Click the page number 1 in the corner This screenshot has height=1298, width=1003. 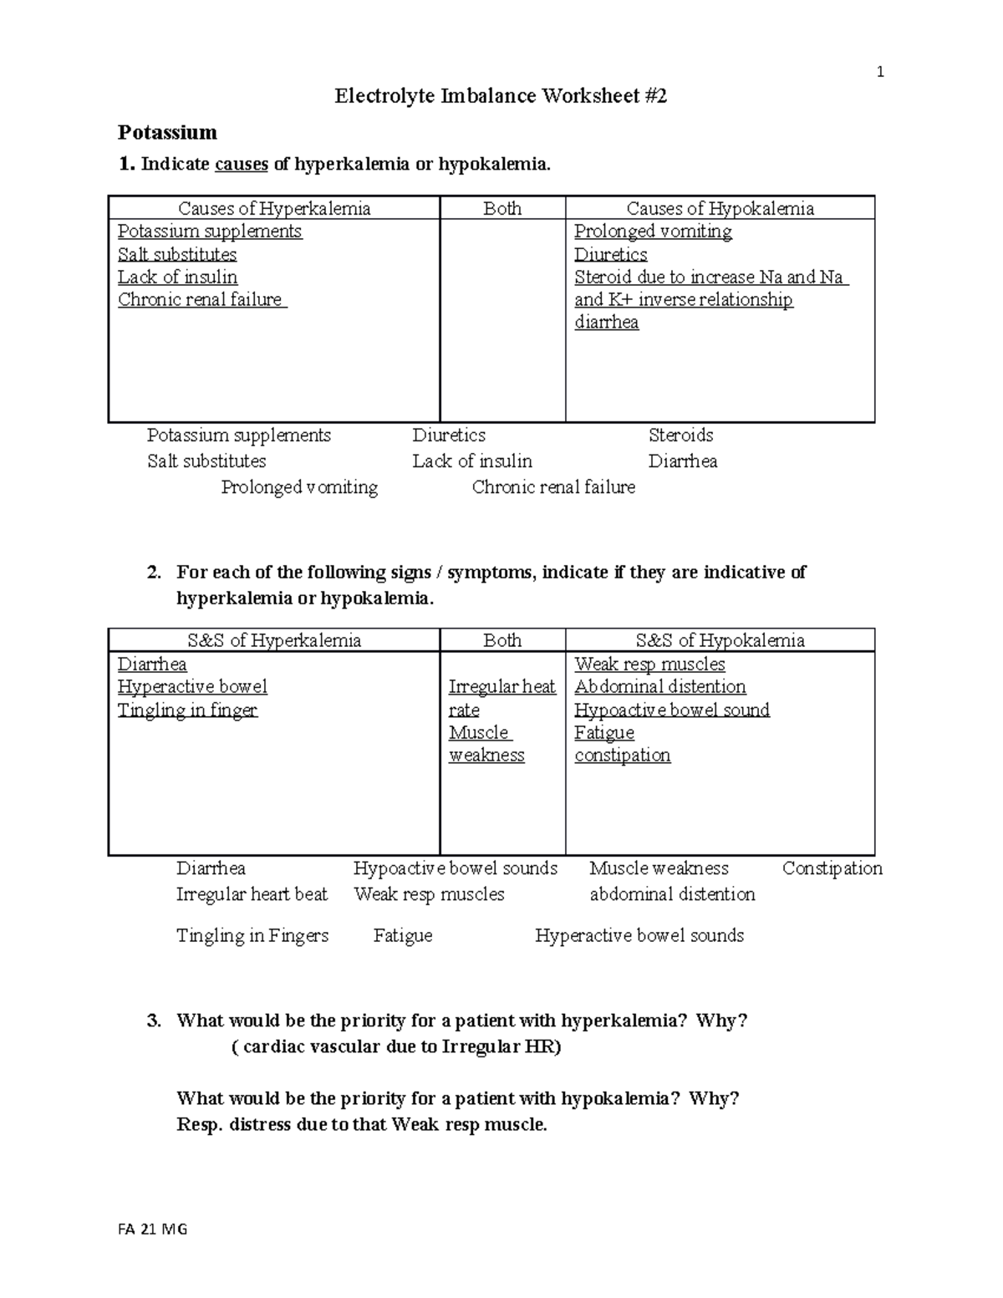click(x=879, y=73)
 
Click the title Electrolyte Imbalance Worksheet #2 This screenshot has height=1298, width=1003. click(x=501, y=96)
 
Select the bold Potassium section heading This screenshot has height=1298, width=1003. click(x=167, y=132)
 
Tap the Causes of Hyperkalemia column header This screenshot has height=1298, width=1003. click(x=274, y=208)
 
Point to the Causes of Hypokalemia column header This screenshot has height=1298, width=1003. click(x=720, y=208)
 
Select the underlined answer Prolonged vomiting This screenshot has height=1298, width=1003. click(x=653, y=232)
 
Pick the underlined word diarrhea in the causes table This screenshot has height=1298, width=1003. click(x=606, y=323)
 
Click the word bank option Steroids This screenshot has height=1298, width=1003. click(x=680, y=435)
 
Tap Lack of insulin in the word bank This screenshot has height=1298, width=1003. click(x=471, y=461)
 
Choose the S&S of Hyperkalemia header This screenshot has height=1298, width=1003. click(x=274, y=640)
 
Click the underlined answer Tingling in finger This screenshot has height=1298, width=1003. click(x=187, y=710)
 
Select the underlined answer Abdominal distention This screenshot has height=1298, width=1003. click(x=659, y=687)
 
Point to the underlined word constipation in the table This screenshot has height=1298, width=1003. click(x=622, y=756)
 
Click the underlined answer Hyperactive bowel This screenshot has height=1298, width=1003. click(x=192, y=687)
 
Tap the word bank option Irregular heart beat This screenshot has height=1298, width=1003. click(x=252, y=894)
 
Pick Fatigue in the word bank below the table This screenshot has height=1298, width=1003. click(x=403, y=936)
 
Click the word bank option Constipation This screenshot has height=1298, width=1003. click(x=832, y=868)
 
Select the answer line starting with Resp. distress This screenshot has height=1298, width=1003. click(x=361, y=1125)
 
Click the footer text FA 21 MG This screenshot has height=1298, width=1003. click(x=153, y=1229)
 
